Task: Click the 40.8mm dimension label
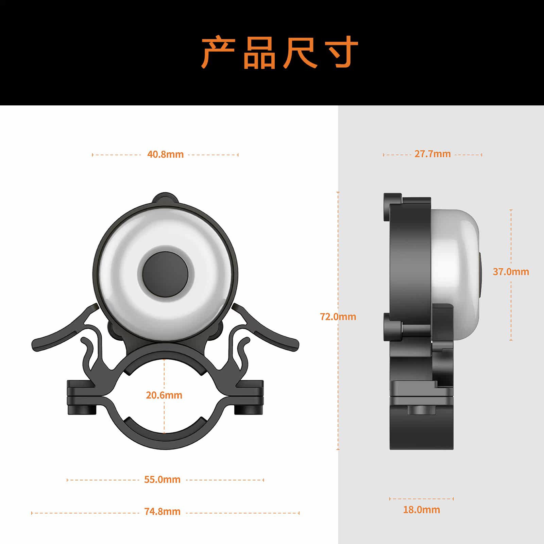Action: coord(165,154)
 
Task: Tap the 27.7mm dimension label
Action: coord(432,154)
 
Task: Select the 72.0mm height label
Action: coord(338,317)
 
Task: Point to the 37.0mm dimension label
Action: coord(511,272)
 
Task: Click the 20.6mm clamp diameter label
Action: coord(164,395)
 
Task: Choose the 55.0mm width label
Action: coord(162,479)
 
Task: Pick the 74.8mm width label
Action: coord(162,511)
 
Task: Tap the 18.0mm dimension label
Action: coord(421,510)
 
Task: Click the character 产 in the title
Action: coord(218,53)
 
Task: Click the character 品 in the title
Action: coord(259,53)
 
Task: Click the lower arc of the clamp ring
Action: coord(165,439)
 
